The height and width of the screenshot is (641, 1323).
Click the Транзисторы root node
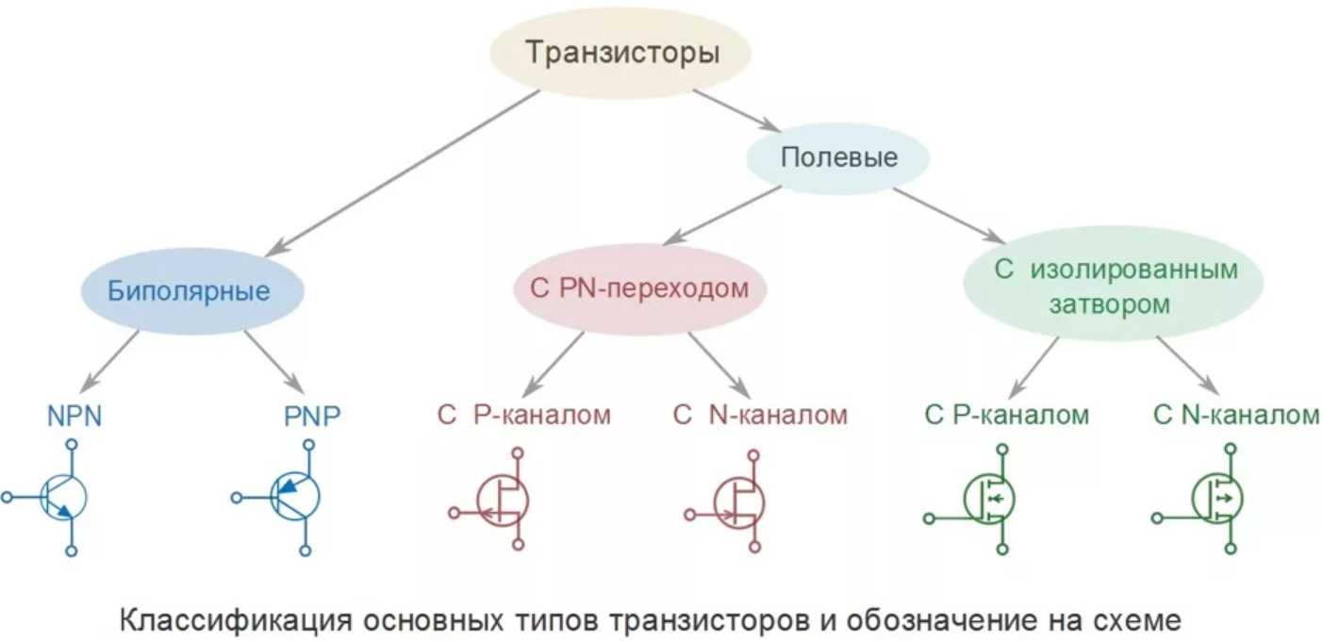pyautogui.click(x=620, y=53)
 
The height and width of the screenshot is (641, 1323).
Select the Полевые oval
pyautogui.click(x=838, y=157)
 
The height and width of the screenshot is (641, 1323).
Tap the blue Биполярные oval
pyautogui.click(x=189, y=290)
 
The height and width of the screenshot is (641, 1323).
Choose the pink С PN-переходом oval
pyautogui.click(x=639, y=289)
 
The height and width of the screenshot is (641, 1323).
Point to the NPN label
pyautogui.click(x=74, y=416)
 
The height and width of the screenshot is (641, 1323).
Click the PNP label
pyautogui.click(x=311, y=416)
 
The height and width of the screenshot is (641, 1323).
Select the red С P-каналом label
pyautogui.click(x=523, y=415)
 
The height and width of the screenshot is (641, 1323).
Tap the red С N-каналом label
pyautogui.click(x=760, y=415)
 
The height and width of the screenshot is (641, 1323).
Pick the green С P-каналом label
pyautogui.click(x=1007, y=415)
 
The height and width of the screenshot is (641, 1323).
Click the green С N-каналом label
pyautogui.click(x=1236, y=415)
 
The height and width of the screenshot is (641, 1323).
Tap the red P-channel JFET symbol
pyautogui.click(x=500, y=499)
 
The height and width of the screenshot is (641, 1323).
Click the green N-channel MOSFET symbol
pyautogui.click(x=1216, y=499)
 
